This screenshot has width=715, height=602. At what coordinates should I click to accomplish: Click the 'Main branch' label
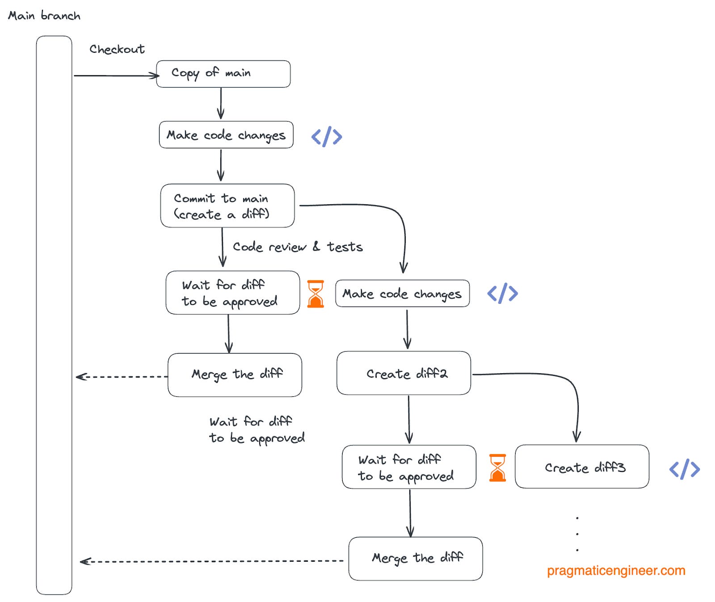[x=44, y=16]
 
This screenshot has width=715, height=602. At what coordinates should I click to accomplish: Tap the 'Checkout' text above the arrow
[x=117, y=49]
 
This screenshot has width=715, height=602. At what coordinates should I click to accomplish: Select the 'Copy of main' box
[x=223, y=74]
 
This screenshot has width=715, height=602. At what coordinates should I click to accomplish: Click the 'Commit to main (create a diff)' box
[x=227, y=206]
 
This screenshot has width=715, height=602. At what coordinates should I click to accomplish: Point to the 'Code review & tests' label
[x=298, y=247]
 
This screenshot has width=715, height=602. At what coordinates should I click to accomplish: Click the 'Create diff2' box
[x=404, y=373]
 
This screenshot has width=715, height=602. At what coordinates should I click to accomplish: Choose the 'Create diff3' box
[x=581, y=467]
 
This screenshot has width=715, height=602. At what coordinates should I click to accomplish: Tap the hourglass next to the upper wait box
[x=315, y=294]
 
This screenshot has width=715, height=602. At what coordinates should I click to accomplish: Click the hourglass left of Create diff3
[x=497, y=467]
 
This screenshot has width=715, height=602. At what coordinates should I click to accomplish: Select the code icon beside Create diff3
[x=684, y=469]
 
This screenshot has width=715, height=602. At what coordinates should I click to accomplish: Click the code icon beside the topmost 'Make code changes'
[x=327, y=136]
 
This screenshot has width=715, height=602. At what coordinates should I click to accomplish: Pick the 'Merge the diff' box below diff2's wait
[x=415, y=559]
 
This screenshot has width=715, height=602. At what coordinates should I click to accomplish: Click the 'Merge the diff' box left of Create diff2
[x=235, y=375]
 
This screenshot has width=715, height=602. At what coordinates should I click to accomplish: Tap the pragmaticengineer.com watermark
[x=616, y=571]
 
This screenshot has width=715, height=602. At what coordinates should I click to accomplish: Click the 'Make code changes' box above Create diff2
[x=402, y=294]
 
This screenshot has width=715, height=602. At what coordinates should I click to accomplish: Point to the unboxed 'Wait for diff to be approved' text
[x=257, y=430]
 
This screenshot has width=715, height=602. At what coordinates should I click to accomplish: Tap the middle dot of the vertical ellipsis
[x=577, y=534]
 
